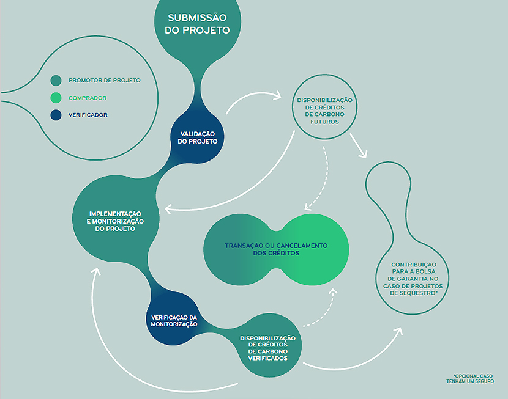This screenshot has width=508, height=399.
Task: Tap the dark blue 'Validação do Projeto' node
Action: click(x=198, y=137)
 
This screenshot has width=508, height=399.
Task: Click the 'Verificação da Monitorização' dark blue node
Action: click(x=174, y=321)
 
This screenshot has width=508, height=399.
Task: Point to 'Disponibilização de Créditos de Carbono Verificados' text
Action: click(x=267, y=348)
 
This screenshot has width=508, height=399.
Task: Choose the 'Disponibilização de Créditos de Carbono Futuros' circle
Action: click(x=324, y=110)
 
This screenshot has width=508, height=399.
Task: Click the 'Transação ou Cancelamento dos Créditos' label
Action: click(x=276, y=249)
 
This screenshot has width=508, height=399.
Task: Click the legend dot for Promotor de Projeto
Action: click(x=56, y=80)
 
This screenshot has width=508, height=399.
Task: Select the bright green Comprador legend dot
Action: click(x=56, y=98)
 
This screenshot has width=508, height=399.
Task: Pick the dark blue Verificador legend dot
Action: click(x=56, y=115)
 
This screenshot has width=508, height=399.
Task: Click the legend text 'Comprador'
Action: click(x=88, y=98)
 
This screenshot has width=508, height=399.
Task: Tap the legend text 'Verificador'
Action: click(x=88, y=115)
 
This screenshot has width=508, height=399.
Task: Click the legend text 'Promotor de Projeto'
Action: click(x=104, y=80)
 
